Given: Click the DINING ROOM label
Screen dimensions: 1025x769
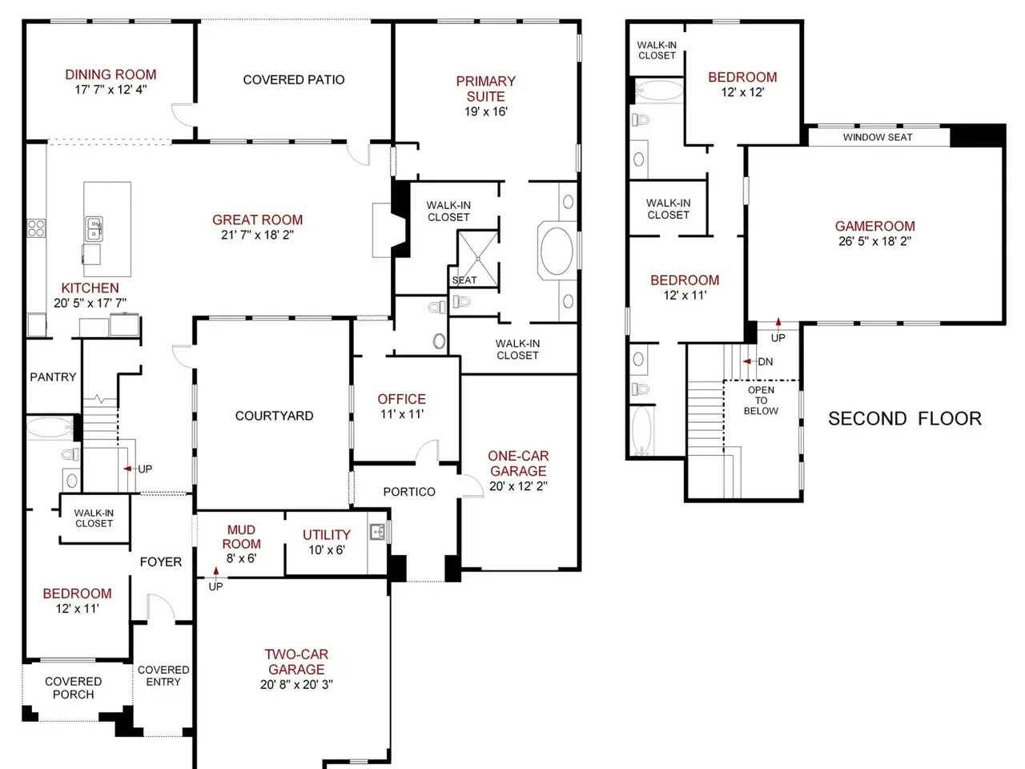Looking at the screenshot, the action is tap(111, 74).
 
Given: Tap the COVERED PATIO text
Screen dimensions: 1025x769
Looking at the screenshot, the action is tap(294, 80).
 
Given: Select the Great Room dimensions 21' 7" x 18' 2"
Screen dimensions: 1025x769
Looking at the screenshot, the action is tap(257, 235).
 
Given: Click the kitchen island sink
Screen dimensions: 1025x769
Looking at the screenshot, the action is tap(94, 229).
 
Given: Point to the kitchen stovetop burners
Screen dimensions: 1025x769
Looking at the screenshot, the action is tap(36, 228).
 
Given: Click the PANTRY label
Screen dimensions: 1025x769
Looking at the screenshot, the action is tap(53, 376).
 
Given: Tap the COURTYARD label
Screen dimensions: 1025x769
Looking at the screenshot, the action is tap(274, 416).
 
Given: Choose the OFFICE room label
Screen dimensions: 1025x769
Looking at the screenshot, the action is tap(402, 399).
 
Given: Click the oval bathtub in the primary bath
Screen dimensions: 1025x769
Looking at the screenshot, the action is tap(557, 251).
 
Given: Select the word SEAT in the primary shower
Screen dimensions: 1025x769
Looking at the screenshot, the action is tap(464, 280).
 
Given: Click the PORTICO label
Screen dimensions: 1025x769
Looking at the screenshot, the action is tap(409, 492).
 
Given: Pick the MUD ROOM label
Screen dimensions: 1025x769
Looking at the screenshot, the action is tap(241, 537).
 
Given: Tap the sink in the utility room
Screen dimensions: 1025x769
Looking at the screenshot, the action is tap(377, 532).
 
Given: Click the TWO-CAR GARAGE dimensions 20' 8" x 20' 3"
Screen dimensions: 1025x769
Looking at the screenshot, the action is tap(296, 684).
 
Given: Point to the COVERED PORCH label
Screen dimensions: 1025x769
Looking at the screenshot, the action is tap(74, 688).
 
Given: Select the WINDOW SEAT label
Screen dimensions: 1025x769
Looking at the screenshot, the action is tap(878, 137).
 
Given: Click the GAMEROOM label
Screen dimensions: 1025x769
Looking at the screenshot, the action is tap(874, 227).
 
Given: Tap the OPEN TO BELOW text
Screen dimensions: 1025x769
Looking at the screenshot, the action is tap(761, 401).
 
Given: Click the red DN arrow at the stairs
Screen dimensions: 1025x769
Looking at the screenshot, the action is tap(747, 361).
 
